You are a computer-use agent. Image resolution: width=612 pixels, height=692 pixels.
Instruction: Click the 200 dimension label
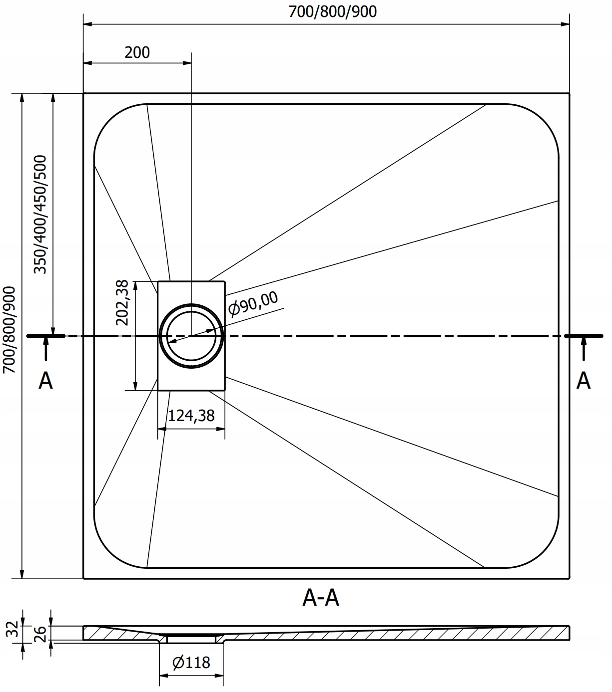[x=137, y=52]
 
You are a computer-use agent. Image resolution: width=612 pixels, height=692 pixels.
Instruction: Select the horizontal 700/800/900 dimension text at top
[x=333, y=11]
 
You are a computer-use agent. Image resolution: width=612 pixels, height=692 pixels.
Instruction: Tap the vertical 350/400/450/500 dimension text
[x=40, y=214]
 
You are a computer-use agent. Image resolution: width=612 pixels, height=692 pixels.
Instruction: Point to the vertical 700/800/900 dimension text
[x=9, y=329]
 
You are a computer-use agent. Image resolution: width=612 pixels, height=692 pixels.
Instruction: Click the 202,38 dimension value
[x=122, y=302]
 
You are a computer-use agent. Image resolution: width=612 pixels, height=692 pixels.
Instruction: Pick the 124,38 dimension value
[x=191, y=415]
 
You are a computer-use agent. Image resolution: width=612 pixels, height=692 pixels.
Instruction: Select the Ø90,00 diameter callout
[x=253, y=303]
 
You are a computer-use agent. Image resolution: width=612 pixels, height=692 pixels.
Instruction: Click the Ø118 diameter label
[x=191, y=663]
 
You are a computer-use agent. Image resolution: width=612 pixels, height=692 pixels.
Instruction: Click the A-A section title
[x=321, y=597]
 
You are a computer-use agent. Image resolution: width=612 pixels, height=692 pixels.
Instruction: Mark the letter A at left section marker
[x=45, y=381]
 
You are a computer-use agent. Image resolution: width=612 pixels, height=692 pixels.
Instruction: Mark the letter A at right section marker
[x=583, y=381]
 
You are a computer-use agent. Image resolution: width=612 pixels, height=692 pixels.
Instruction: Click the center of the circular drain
[x=191, y=336]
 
